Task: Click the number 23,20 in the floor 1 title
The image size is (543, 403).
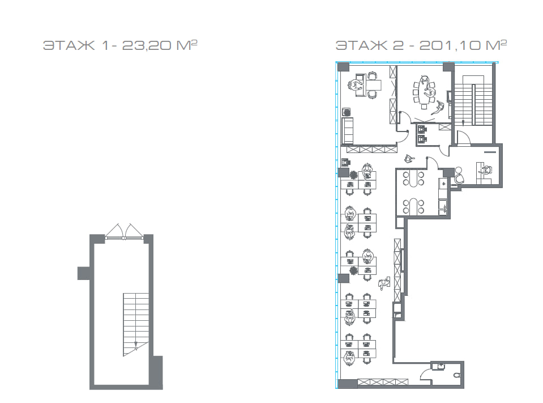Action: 146,45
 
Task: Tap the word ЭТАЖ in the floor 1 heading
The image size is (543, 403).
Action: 69,45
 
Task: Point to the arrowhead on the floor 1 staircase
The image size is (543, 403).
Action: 136,345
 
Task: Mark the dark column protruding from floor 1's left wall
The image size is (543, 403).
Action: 84,273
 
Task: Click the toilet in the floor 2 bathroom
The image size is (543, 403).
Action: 457,375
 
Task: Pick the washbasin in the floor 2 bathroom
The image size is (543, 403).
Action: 439,366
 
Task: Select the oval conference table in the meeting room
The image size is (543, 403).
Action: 424,91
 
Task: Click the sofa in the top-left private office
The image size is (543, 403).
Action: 347,130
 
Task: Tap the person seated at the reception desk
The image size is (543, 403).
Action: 486,170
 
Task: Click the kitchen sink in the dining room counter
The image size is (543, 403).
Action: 443,208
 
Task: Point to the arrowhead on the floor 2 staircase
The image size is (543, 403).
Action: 463,122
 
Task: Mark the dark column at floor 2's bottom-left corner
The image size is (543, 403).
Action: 347,384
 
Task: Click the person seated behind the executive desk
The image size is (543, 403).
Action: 354,85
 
